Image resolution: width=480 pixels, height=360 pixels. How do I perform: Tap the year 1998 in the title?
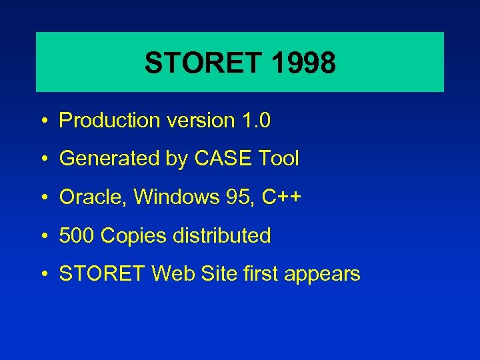[x=303, y=63]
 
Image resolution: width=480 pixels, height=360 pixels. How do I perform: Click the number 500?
[x=76, y=235]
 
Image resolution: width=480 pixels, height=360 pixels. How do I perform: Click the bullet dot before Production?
[x=42, y=121]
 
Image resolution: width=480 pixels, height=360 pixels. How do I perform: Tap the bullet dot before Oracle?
[x=42, y=198]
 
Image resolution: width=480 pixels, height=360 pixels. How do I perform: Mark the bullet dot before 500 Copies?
[x=42, y=236]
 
